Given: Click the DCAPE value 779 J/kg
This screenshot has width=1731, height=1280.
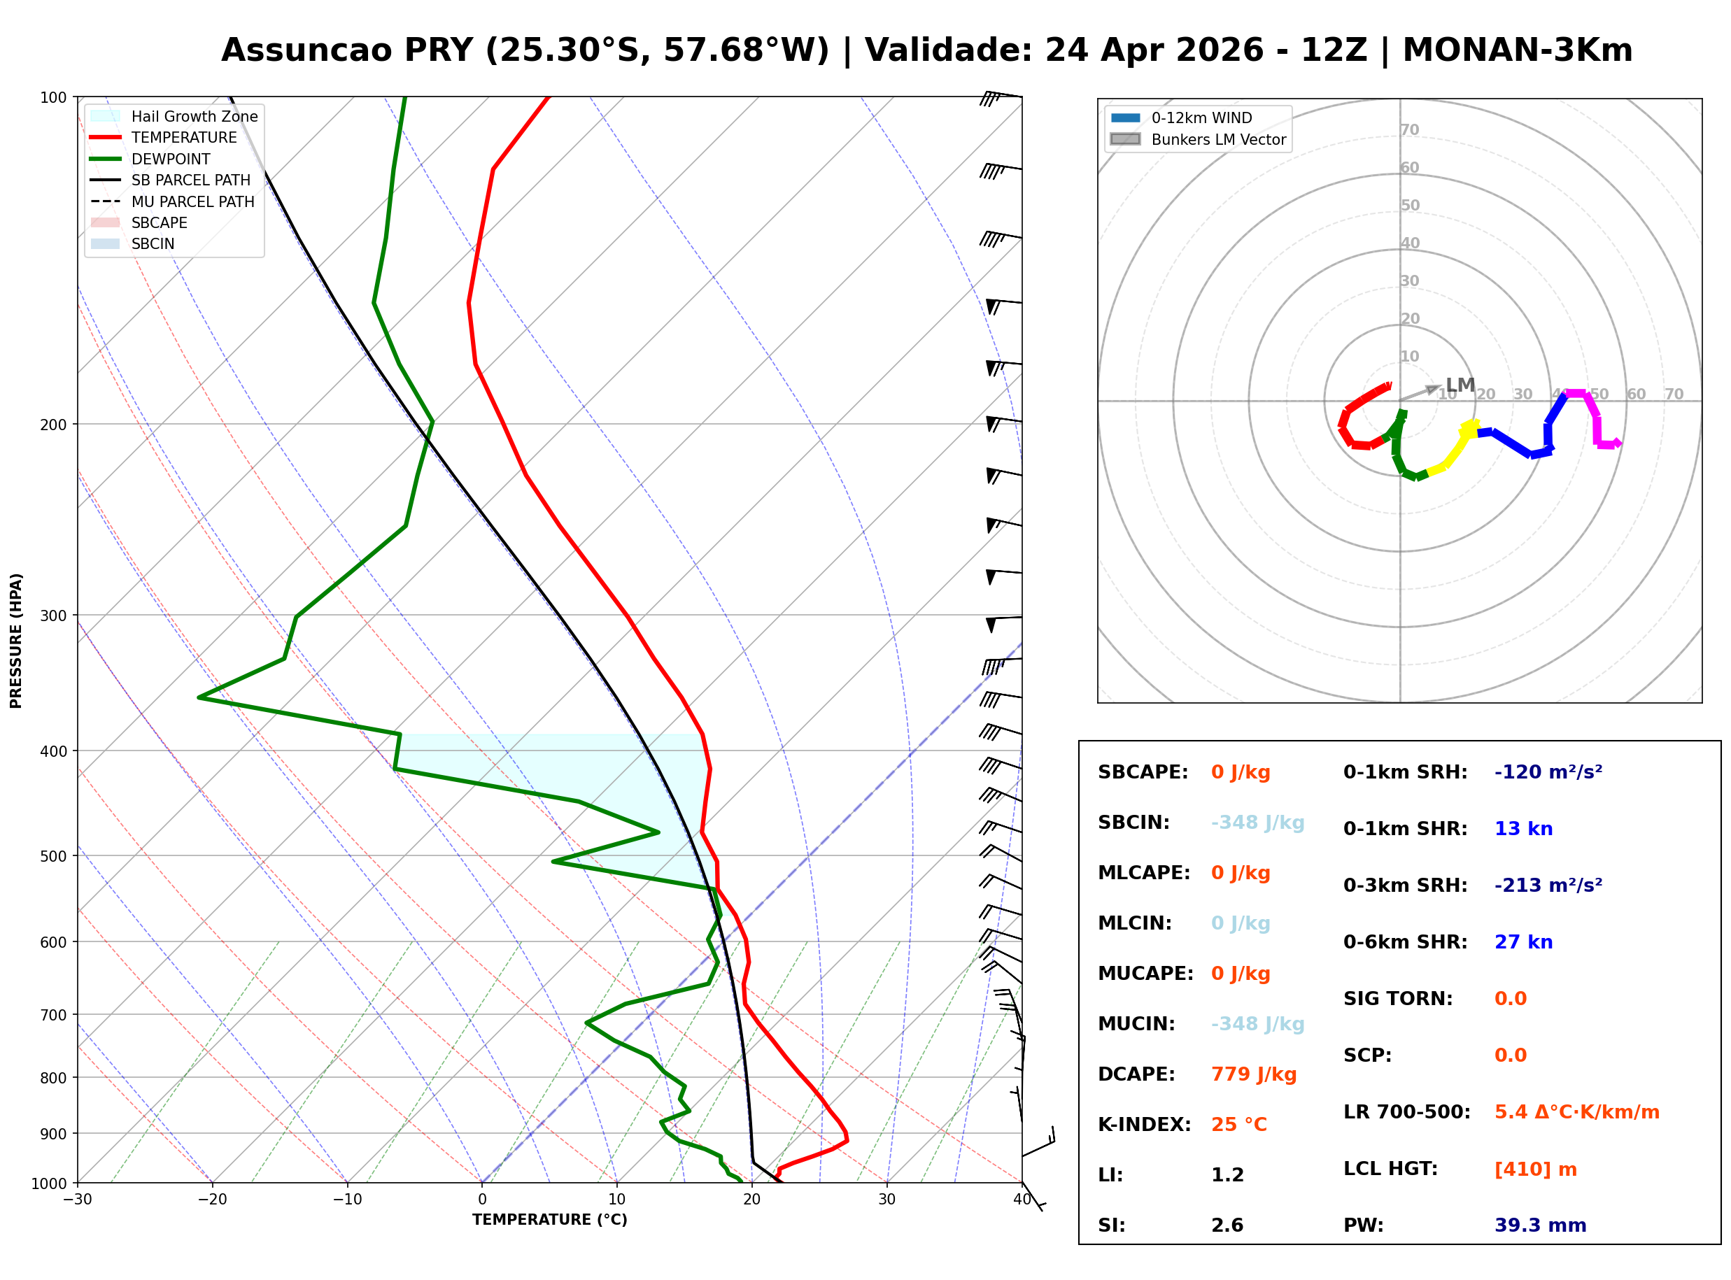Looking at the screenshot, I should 1253,1074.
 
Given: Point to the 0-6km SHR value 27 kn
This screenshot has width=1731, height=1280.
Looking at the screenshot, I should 1522,942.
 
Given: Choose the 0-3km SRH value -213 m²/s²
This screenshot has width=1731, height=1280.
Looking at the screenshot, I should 1548,885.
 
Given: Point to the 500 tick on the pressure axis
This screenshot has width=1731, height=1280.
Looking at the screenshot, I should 53,856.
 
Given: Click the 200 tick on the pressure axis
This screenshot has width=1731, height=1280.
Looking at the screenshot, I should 53,425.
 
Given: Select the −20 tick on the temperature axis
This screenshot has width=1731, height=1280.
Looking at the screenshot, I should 211,1200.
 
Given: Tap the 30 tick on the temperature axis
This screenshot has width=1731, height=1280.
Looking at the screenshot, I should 886,1200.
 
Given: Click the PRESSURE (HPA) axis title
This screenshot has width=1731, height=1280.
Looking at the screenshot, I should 16,640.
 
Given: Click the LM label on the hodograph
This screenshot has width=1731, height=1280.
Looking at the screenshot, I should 1460,385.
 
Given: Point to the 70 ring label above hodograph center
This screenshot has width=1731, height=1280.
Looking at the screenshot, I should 1409,129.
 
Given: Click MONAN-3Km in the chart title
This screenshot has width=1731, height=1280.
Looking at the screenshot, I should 1517,50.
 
